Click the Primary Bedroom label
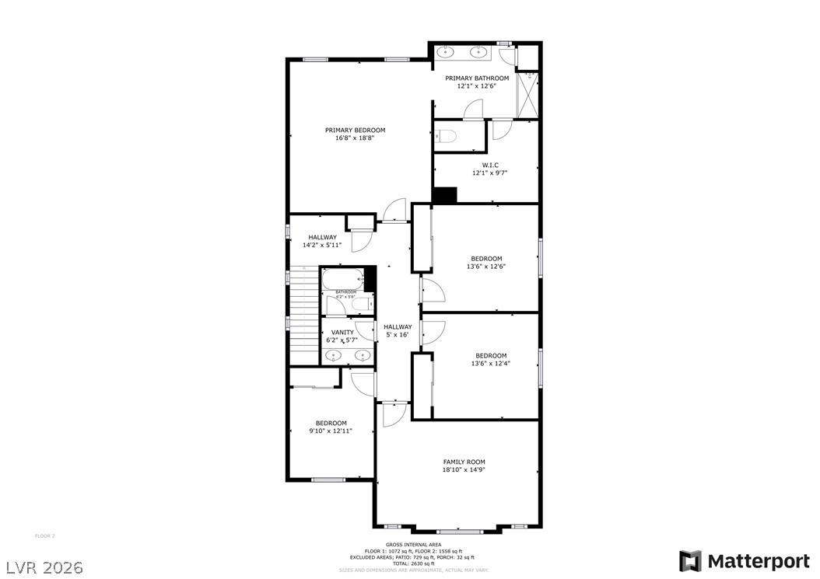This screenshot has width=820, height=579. [355, 130]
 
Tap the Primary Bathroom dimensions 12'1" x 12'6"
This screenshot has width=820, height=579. [477, 86]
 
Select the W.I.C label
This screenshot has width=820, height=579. [490, 165]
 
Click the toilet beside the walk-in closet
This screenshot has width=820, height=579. [446, 137]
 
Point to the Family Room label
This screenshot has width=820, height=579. [464, 462]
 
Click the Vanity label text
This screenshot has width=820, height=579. [342, 333]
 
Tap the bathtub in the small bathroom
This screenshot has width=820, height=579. [342, 277]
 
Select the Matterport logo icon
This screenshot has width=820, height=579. [690, 561]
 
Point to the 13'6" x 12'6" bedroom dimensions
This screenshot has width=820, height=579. [486, 267]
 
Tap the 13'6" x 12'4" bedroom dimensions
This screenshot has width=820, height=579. [491, 364]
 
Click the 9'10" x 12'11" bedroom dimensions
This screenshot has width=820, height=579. [331, 431]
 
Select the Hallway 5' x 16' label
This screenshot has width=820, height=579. [398, 331]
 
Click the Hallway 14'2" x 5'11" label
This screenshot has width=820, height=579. [322, 241]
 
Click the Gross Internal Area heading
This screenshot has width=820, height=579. [413, 544]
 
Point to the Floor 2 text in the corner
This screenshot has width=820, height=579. [45, 535]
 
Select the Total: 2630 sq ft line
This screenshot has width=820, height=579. [413, 563]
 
